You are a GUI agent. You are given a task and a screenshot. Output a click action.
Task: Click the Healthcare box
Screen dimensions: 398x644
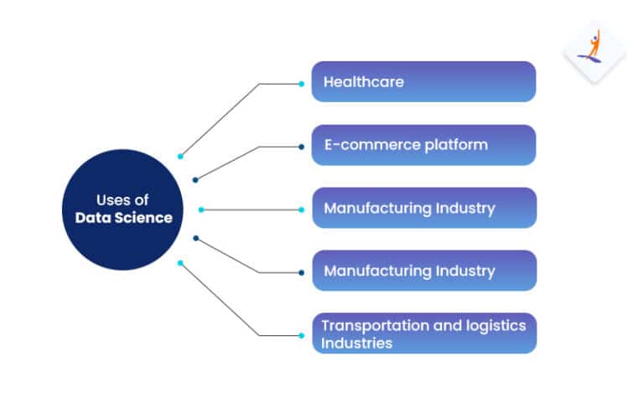pos(423,82)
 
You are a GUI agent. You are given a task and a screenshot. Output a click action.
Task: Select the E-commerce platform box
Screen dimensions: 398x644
pos(423,145)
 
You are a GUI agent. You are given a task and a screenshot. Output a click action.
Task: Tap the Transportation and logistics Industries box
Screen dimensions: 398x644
pos(423,333)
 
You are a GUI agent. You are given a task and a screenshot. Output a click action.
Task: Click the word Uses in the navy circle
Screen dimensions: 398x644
pos(112,201)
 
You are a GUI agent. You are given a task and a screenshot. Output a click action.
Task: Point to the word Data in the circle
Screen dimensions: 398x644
pos(92,218)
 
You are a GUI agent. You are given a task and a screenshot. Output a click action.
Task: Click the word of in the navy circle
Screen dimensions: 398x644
pos(143,201)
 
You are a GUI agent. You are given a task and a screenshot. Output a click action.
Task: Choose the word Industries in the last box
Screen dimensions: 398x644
pos(356,343)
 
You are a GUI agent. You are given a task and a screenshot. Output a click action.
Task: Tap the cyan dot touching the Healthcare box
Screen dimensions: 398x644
pos(301,83)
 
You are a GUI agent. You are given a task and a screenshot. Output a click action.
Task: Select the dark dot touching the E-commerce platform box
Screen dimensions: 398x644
pos(301,147)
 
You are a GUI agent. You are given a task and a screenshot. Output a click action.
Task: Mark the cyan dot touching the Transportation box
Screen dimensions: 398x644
pos(301,335)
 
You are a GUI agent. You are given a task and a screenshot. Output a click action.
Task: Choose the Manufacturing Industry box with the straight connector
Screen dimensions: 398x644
pos(423,208)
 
